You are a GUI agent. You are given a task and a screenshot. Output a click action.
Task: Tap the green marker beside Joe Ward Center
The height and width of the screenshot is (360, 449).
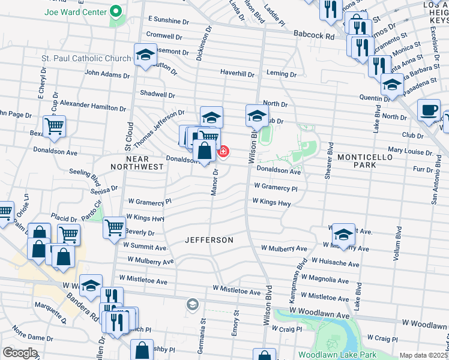(x=115, y=12)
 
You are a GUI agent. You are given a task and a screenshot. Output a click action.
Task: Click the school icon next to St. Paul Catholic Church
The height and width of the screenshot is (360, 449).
(x=145, y=56)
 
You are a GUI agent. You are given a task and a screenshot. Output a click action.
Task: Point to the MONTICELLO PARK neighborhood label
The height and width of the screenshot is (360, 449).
(x=365, y=161)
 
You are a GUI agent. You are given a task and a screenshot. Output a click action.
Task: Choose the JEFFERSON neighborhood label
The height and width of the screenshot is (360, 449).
(x=208, y=240)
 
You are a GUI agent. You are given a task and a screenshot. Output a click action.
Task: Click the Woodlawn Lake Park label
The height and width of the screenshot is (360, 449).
(x=337, y=355)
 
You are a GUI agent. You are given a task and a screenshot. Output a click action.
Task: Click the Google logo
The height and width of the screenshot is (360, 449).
(x=20, y=353)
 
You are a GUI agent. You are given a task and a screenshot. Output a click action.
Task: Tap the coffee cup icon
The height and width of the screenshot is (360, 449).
(x=429, y=110)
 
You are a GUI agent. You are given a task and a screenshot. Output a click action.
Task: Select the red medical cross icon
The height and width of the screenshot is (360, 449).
(x=223, y=151)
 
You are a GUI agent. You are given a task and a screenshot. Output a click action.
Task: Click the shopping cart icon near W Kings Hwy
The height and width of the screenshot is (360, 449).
(x=114, y=227)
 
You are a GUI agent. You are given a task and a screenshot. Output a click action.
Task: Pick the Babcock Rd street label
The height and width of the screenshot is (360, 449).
(x=314, y=36)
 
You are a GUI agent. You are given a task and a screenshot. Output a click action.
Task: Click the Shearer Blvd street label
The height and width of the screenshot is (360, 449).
(x=330, y=160)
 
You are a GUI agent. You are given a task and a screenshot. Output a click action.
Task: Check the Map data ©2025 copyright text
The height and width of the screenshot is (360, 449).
(x=423, y=355)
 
